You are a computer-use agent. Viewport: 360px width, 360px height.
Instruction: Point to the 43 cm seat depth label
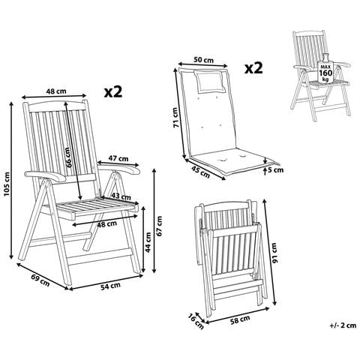(116, 196)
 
